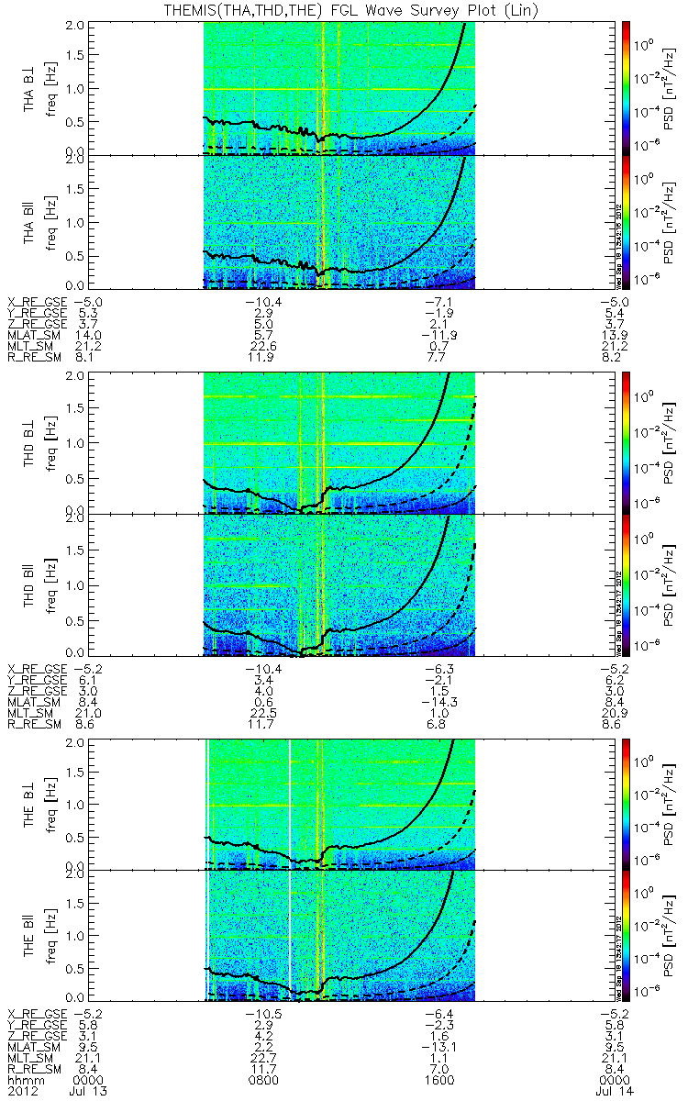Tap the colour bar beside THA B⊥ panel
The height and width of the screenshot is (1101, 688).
(627, 86)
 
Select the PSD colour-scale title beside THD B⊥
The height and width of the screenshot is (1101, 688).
(669, 439)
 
